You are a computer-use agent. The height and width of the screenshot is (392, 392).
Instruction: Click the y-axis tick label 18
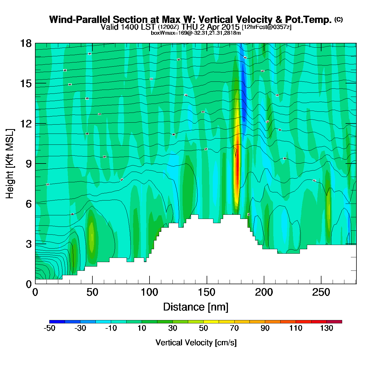(25, 43)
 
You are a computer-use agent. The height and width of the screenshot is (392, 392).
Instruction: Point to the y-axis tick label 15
(25, 83)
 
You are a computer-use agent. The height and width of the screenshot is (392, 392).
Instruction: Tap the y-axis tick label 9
(29, 164)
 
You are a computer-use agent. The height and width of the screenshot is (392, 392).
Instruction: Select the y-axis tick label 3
(29, 244)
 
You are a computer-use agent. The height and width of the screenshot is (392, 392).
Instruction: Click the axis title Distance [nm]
(196, 307)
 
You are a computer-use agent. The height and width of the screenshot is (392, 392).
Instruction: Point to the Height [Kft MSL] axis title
(10, 164)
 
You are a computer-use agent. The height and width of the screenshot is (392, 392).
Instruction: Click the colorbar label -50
(49, 328)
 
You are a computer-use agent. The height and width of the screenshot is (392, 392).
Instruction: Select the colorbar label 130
(326, 328)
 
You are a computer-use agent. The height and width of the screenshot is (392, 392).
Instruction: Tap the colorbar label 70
(234, 328)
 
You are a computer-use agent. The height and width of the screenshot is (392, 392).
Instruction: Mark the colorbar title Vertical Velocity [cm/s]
(196, 343)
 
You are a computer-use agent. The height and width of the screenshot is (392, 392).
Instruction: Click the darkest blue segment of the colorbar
(57, 322)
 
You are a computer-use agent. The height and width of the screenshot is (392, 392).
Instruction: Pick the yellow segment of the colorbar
(211, 322)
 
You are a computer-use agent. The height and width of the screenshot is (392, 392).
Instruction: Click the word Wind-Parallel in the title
(80, 20)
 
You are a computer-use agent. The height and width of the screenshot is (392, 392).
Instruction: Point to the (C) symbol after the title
(339, 19)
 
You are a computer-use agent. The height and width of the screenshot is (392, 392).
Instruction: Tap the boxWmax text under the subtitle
(196, 33)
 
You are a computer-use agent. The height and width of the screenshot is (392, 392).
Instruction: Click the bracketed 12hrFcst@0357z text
(267, 27)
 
